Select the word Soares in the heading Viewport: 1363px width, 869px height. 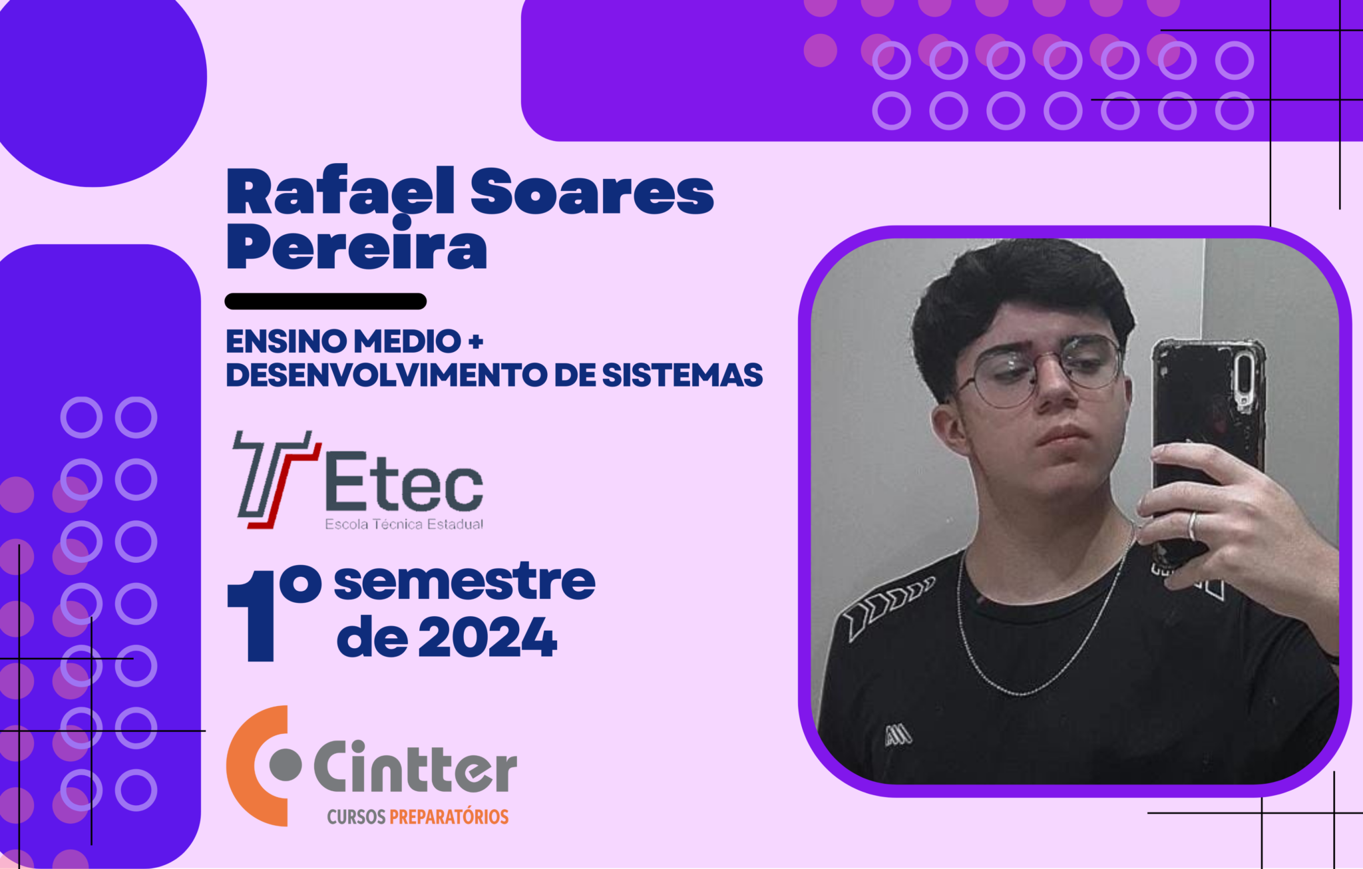click(592, 192)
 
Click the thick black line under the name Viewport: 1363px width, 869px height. click(325, 301)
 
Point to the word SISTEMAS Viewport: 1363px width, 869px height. click(682, 375)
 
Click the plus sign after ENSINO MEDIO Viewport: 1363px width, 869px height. click(476, 342)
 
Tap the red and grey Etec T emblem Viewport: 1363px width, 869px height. click(274, 479)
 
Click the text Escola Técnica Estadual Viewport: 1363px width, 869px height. click(404, 524)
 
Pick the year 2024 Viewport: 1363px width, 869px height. click(488, 637)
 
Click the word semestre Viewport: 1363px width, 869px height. click(465, 582)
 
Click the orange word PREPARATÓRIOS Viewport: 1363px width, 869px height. click(449, 816)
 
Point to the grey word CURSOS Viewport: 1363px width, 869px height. click(357, 816)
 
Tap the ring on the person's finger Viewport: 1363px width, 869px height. click(1193, 526)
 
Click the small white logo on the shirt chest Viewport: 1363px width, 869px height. click(898, 735)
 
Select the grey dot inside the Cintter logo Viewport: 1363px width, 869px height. click(286, 765)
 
